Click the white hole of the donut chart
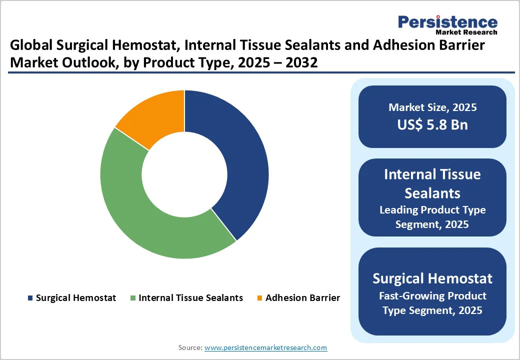(184, 174)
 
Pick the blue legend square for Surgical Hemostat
(30, 298)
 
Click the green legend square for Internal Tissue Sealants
(133, 298)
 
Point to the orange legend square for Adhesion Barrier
(259, 298)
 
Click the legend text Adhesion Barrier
(302, 298)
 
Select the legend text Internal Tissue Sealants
(190, 298)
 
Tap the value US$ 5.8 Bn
(432, 124)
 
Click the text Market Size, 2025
(432, 107)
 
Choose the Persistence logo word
(447, 22)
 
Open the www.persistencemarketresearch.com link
(265, 347)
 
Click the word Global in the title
(30, 46)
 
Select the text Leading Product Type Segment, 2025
(432, 217)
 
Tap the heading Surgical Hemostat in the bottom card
(432, 278)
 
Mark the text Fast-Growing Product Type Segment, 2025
(432, 303)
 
